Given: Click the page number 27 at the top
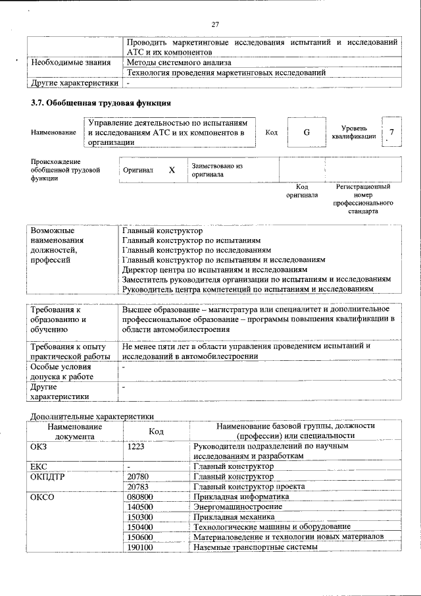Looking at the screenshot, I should [214, 24].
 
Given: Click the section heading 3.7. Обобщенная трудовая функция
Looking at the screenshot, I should [101, 103].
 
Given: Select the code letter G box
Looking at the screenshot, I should [306, 132].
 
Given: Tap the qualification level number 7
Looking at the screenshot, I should [392, 132].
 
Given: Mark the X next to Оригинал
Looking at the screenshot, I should [172, 170].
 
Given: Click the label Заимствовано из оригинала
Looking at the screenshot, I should [217, 171].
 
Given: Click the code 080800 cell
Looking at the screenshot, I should [139, 497].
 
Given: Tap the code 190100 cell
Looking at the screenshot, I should [139, 547].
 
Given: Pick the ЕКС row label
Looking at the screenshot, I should [39, 466].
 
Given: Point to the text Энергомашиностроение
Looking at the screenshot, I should [238, 506].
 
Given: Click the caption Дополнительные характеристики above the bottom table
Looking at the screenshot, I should [93, 416].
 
